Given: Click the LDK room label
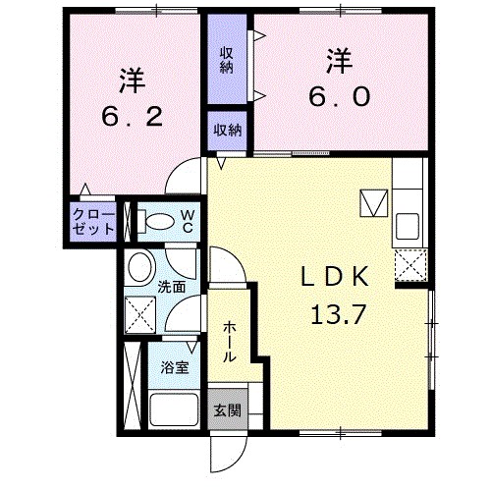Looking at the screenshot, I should (x=334, y=277).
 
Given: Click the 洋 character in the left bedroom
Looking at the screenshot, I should (x=134, y=75).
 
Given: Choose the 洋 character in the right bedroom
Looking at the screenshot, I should (x=339, y=59).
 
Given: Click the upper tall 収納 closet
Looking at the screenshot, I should (x=226, y=61).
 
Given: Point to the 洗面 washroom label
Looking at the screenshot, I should (x=172, y=287).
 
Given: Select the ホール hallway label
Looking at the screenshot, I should (x=229, y=341).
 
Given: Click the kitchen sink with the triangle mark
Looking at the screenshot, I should (x=374, y=203).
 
